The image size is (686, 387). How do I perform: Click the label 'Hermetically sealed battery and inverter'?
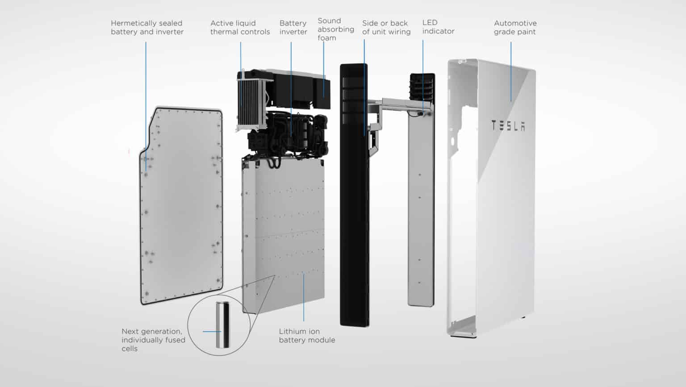tap(147, 28)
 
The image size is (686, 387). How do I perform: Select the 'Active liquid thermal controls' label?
tap(240, 28)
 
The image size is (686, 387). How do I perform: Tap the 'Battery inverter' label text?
tap(293, 28)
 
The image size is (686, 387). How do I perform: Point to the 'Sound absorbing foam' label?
tap(335, 29)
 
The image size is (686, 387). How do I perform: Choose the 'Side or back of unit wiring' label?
tap(386, 28)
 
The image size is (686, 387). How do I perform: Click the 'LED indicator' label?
tap(438, 27)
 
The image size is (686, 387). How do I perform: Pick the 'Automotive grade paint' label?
tap(514, 28)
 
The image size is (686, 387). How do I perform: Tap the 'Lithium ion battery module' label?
tap(306, 336)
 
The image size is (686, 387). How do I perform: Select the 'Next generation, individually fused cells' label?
tap(153, 340)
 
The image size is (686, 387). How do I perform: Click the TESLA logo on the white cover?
tap(508, 126)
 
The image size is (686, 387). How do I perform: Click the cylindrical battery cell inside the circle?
tap(222, 325)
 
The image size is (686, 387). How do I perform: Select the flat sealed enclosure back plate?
tap(181, 205)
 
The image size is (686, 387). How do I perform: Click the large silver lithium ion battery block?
tap(284, 232)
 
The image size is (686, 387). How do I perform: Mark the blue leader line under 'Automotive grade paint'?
tap(510, 71)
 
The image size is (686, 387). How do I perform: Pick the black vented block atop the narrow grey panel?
tap(422, 87)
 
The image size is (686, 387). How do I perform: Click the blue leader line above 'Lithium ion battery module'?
tap(304, 297)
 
